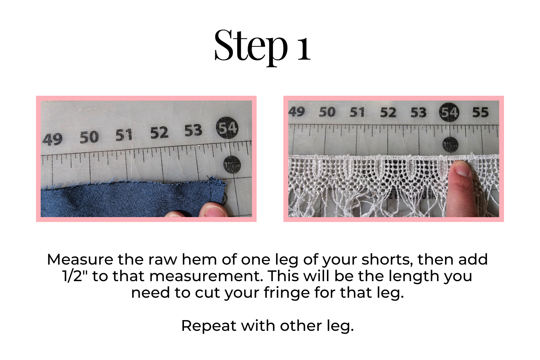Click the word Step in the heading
tap(251, 46)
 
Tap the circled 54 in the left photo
tap(227, 128)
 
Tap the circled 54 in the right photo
tap(449, 112)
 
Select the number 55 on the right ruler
tap(481, 112)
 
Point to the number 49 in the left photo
tap(52, 139)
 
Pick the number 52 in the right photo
tap(388, 112)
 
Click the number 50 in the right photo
tap(327, 112)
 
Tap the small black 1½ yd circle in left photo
tap(232, 165)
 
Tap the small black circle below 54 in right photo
tap(450, 145)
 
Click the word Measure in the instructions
tap(80, 260)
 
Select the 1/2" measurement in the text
tap(76, 276)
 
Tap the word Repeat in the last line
tap(209, 327)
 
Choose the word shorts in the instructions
tap(387, 260)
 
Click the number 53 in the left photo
tap(193, 130)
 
